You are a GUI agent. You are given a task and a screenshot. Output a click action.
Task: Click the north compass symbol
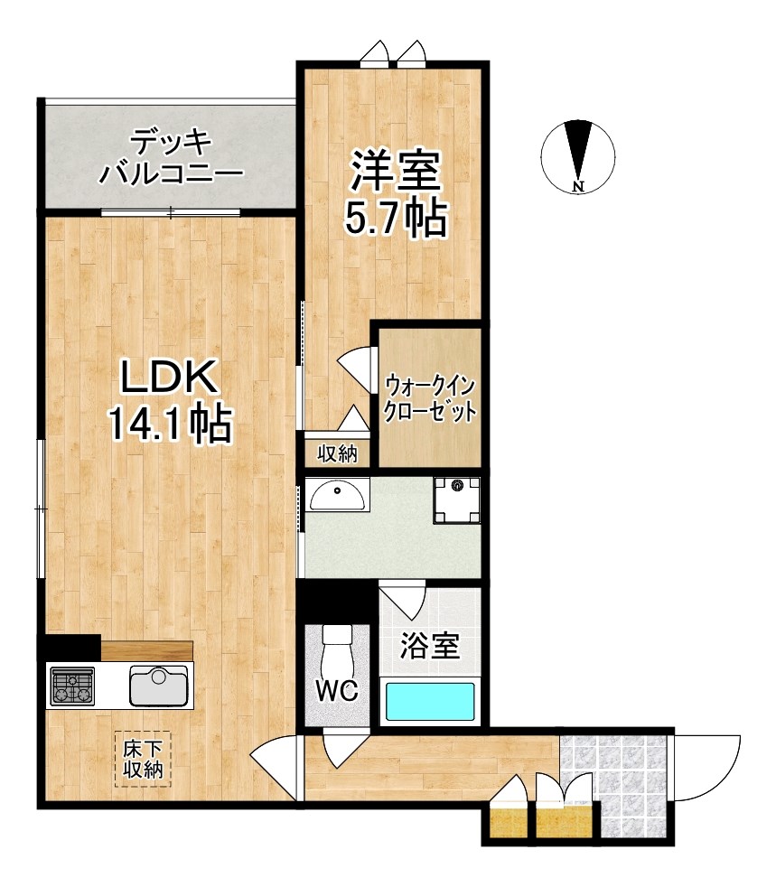579,156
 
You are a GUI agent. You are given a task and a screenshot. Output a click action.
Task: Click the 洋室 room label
395,172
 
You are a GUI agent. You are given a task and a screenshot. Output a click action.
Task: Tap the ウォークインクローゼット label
430,398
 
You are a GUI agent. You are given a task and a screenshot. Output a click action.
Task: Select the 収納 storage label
336,453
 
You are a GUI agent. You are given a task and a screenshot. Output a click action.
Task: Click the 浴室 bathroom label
430,646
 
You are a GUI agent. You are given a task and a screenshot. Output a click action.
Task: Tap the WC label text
337,691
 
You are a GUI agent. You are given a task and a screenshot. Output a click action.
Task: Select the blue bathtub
430,701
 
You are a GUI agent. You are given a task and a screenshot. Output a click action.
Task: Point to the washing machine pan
456,500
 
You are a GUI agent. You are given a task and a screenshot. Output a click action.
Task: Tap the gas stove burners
72,686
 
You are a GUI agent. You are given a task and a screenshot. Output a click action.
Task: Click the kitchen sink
159,686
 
